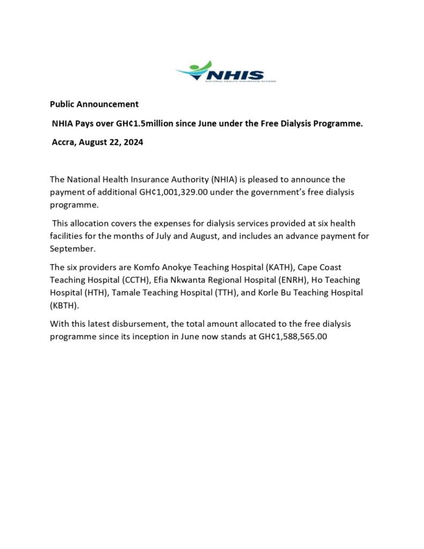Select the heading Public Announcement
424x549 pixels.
pyautogui.click(x=94, y=104)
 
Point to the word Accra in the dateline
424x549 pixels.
pyautogui.click(x=64, y=143)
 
